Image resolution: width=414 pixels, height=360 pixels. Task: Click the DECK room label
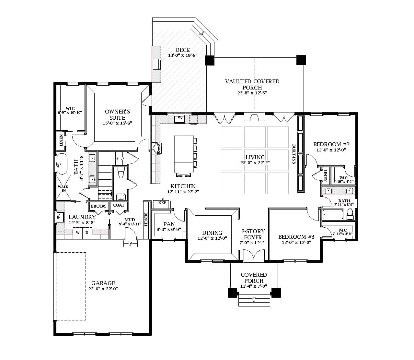pos(182,50)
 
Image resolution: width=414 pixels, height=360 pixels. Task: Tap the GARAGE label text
pos(103,283)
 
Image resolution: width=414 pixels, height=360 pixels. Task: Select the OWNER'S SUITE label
pos(117,114)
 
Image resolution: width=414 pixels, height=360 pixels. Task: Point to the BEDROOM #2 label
pos(331,144)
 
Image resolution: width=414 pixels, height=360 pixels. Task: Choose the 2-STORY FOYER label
pos(253,234)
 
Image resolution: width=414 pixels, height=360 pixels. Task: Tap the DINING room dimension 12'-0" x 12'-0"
pos(212,238)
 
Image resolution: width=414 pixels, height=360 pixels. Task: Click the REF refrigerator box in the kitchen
pos(162,203)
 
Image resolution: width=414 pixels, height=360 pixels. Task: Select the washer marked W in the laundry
pos(78,233)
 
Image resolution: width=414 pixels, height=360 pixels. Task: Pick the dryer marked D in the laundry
pos(87,233)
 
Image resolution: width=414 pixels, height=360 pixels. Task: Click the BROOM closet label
pos(98,206)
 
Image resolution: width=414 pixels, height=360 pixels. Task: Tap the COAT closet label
pos(119,205)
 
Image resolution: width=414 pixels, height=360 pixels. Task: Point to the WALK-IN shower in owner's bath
pos(64,188)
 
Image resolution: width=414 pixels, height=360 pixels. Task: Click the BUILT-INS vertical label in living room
pos(294,154)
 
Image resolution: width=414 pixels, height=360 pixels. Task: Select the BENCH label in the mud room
pos(146,219)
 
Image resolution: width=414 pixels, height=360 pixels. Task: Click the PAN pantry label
pos(169,224)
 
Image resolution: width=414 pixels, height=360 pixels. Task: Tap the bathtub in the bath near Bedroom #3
pos(333,214)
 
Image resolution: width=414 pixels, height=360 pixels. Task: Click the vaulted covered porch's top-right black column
pos(301,60)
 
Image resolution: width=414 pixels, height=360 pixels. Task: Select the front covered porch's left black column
pos(232,292)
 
